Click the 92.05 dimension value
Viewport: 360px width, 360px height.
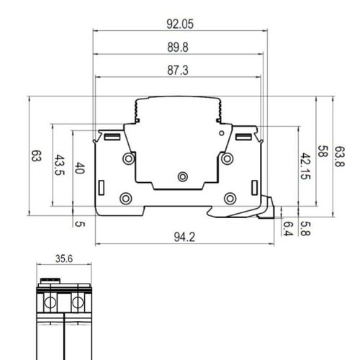180,24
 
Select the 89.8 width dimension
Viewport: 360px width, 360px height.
178,48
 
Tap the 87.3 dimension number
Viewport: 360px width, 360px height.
178,71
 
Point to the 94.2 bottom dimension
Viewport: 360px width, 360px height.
184,237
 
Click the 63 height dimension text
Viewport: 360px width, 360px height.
37,156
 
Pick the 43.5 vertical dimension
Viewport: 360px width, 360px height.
59,165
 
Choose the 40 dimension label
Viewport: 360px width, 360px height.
80,168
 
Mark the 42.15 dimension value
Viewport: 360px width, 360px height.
305,166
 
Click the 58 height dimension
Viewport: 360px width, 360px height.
323,151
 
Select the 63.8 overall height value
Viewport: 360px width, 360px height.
340,156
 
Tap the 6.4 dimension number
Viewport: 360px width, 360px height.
288,228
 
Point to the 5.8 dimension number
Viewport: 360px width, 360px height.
305,228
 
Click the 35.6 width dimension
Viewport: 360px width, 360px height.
64,258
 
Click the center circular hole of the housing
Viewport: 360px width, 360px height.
183,177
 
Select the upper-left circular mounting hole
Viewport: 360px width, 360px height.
129,158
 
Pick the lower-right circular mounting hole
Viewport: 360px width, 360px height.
230,199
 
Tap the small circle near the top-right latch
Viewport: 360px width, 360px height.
222,133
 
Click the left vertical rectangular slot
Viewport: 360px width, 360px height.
102,188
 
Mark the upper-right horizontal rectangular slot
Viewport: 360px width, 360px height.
243,137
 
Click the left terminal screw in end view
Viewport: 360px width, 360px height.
50,302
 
